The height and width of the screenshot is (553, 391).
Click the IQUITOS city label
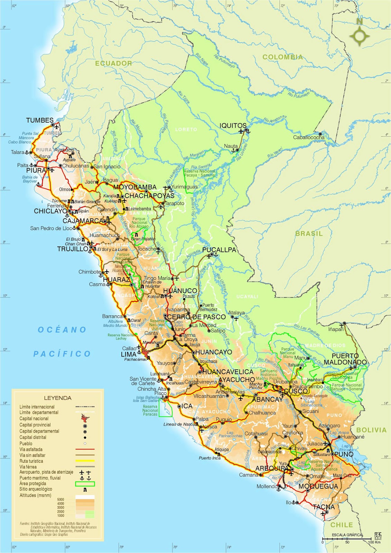[x=233, y=126]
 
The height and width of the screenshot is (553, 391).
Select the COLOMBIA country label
[x=282, y=57]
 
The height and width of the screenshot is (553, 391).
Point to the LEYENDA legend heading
[x=58, y=398]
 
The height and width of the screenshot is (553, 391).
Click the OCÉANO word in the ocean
[x=62, y=330]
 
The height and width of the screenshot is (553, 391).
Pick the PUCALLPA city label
[x=219, y=250]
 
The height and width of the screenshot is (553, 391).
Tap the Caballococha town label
[x=309, y=137]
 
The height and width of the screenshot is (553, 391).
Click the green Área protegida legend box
[x=85, y=484]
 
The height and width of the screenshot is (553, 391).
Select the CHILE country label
[x=342, y=525]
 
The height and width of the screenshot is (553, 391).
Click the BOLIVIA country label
[x=371, y=430]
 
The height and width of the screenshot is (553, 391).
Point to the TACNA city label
[x=324, y=507]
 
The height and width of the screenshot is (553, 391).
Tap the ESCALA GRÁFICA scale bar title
[x=347, y=535]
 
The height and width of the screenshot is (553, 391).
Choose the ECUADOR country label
[x=114, y=63]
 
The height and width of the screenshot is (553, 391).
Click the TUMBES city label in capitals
[x=40, y=120]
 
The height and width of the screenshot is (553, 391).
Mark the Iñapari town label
[x=336, y=329]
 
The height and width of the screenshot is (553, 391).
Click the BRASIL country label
[x=309, y=234]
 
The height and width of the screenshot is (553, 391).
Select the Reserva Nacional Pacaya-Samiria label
[x=199, y=173]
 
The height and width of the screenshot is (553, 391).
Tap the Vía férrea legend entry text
[x=28, y=467]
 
